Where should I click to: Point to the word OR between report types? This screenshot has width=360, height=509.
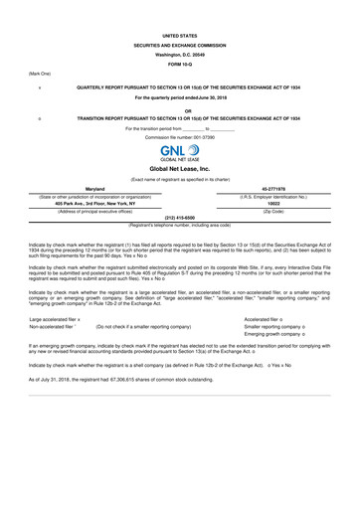179,110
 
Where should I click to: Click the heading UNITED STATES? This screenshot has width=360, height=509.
179,34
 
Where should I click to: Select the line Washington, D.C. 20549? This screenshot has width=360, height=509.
179,54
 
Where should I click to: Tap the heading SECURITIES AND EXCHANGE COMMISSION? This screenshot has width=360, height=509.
179,44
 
